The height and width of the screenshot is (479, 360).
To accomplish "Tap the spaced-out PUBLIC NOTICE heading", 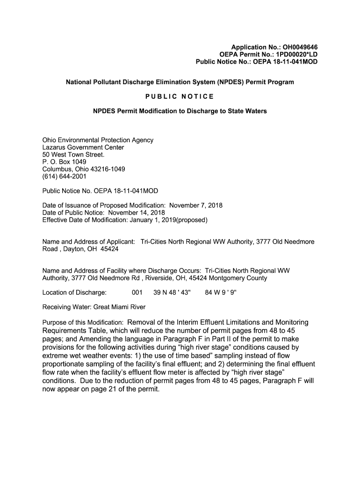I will click(180, 96).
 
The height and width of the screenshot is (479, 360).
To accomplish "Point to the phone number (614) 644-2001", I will click(65, 176).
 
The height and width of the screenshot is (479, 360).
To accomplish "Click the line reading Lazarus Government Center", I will click(83, 147).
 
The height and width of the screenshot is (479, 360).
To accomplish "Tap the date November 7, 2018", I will click(196, 205).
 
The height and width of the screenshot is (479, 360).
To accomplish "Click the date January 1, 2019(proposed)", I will click(166, 219).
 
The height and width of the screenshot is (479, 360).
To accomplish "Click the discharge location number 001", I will click(137, 293).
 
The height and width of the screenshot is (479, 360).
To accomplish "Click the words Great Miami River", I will click(120, 307).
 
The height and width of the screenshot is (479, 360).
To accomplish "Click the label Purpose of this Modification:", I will click(83, 323).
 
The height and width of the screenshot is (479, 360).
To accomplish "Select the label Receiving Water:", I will click(67, 307).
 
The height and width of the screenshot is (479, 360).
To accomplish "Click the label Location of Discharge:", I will click(74, 293).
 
